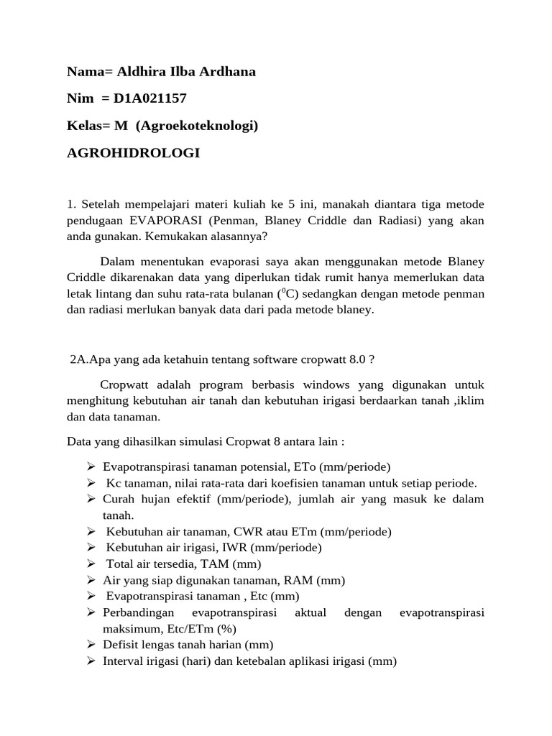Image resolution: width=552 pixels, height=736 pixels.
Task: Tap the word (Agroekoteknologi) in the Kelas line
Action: click(196, 126)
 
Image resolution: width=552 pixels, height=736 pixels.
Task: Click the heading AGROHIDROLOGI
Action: click(133, 153)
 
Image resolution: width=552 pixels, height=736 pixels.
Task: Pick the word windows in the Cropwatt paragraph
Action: click(318, 385)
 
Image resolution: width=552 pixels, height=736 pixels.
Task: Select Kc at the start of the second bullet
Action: click(114, 482)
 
